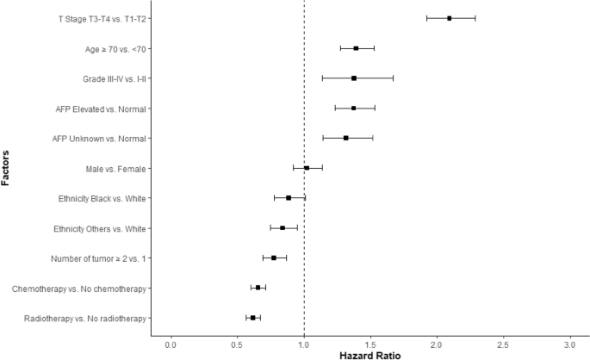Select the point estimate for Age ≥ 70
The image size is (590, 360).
356,48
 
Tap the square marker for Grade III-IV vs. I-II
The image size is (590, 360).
354,78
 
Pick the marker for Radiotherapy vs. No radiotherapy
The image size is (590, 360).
252,318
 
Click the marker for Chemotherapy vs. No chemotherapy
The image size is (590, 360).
258,288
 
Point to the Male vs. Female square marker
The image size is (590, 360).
307,168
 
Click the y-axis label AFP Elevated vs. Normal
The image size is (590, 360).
97,109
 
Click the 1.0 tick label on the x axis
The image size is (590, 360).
304,344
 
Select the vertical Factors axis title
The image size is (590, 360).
7,168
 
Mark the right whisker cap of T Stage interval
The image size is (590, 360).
475,18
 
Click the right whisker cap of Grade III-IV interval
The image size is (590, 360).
394,78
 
